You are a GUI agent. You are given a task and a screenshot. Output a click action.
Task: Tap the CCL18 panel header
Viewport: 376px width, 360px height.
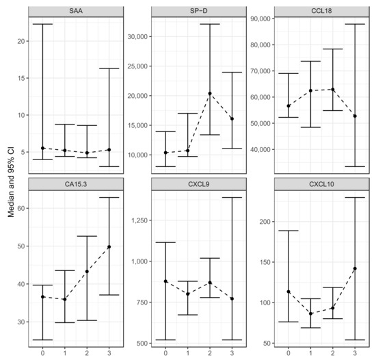[313, 11]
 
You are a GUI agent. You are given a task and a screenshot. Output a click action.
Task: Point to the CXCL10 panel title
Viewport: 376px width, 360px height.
[313, 183]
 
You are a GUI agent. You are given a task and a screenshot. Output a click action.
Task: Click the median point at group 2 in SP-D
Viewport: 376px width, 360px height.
[209, 93]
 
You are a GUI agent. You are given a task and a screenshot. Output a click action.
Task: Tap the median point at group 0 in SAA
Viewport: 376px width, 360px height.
[42, 148]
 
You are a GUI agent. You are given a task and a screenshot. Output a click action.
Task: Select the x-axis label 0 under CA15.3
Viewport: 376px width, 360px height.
[42, 353]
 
